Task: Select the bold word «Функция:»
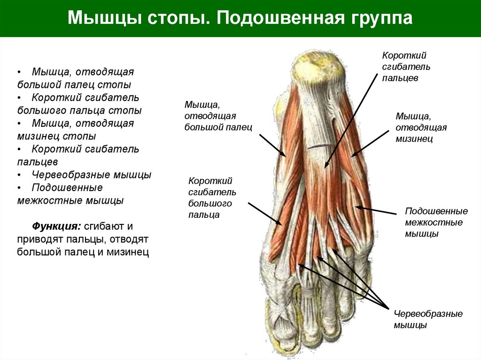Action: tap(55, 226)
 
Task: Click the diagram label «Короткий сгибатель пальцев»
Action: tap(406, 67)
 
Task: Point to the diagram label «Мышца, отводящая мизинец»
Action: tap(421, 127)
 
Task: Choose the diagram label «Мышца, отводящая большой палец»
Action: tap(218, 115)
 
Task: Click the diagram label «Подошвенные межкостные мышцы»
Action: tap(436, 222)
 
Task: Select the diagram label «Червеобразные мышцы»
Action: tap(428, 319)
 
